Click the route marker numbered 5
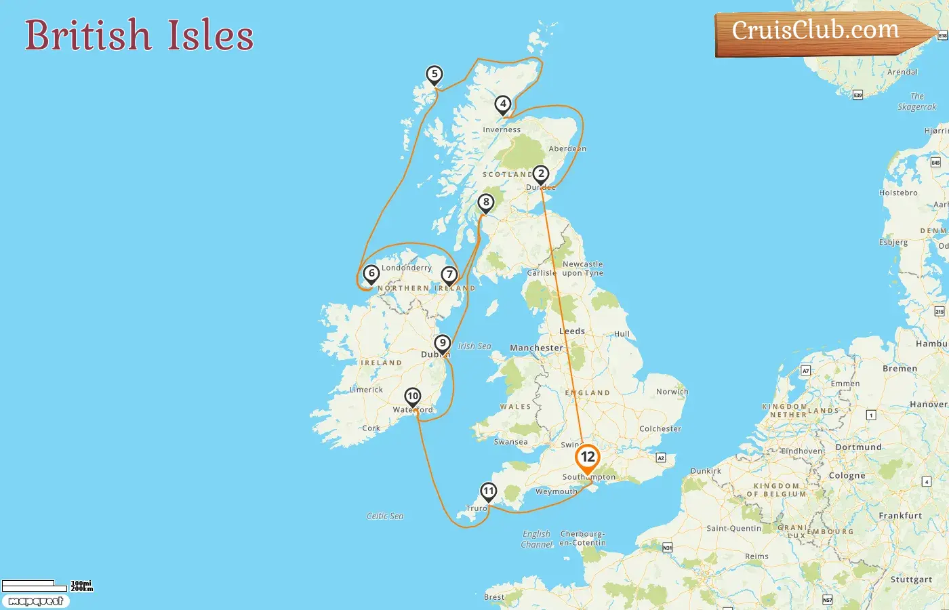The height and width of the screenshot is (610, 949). click(x=435, y=74)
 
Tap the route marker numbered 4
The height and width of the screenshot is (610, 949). click(x=502, y=104)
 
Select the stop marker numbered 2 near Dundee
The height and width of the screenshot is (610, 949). click(x=540, y=174)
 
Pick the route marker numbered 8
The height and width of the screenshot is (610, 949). click(x=485, y=202)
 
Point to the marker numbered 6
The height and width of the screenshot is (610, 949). click(x=371, y=273)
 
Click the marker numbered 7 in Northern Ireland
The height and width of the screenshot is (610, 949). click(x=449, y=274)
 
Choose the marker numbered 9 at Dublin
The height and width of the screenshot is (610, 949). click(x=442, y=343)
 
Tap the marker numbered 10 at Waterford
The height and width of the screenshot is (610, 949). click(x=412, y=396)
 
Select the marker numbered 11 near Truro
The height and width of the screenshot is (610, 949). click(x=488, y=491)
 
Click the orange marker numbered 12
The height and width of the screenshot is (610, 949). click(x=587, y=457)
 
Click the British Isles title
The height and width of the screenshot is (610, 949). click(x=139, y=35)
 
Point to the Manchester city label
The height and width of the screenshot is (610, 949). click(x=536, y=348)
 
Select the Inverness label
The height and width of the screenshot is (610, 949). click(x=502, y=129)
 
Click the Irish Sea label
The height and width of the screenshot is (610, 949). click(x=474, y=346)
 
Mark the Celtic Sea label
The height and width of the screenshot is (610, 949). click(x=385, y=516)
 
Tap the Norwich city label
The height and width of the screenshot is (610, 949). click(x=672, y=392)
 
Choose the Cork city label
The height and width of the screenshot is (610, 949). click(x=371, y=428)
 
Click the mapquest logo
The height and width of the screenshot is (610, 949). click(x=36, y=601)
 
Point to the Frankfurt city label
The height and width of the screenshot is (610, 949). click(x=900, y=516)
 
